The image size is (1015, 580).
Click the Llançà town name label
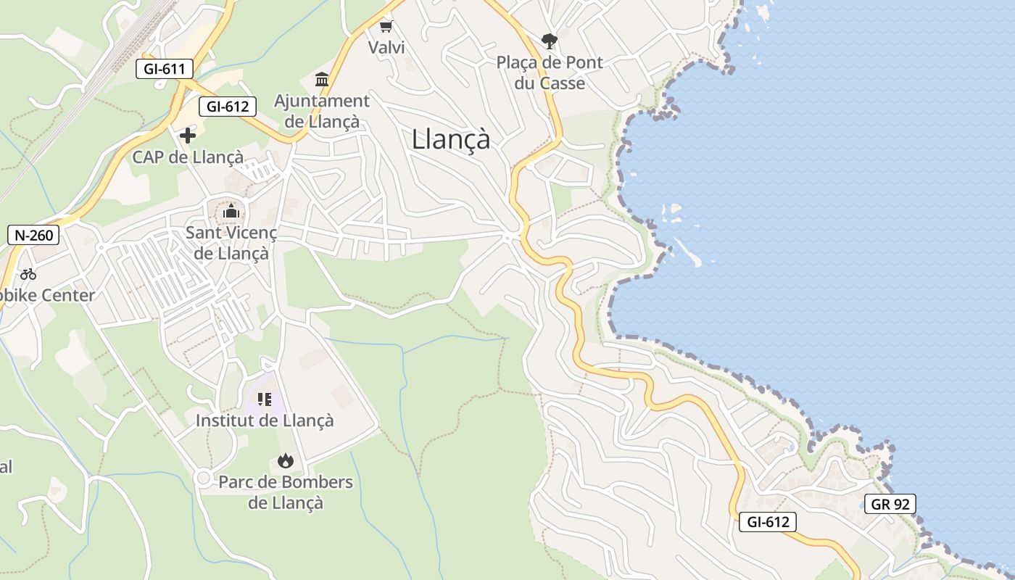[x=451, y=139]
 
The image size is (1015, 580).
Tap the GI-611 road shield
[x=165, y=70]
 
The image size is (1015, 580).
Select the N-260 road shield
[x=33, y=235]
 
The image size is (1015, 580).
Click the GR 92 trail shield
[x=890, y=504]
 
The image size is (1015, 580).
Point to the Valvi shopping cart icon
[x=386, y=27]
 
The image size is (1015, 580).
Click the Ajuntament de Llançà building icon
[x=322, y=78]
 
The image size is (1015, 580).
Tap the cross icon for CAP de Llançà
[x=188, y=135]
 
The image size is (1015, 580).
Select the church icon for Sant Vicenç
[x=231, y=211]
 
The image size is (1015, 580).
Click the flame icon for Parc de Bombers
[x=286, y=460]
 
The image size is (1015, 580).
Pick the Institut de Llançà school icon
[x=265, y=399]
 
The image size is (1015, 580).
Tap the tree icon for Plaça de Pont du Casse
[x=549, y=41]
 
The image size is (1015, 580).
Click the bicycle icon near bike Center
[x=28, y=274]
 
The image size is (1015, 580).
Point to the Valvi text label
[x=386, y=48]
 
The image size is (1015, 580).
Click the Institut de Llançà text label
[x=265, y=420]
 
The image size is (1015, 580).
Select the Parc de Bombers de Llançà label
[x=286, y=492]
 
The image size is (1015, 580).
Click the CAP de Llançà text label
[x=188, y=157]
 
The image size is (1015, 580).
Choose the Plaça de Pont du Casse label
[x=550, y=72]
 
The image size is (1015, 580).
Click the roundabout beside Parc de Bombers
[x=203, y=478]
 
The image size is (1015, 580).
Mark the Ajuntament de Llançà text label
[x=322, y=111]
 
